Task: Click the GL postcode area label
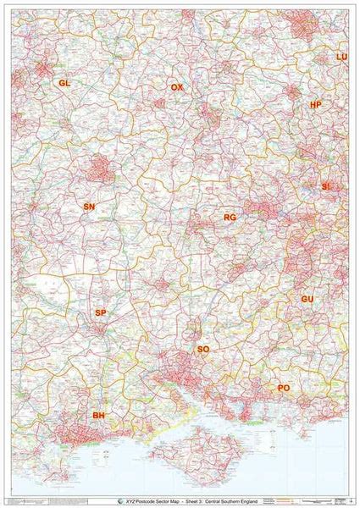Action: [x=64, y=83]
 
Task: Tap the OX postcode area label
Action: [x=176, y=87]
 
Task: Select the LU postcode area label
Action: [x=341, y=57]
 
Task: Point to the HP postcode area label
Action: [x=316, y=105]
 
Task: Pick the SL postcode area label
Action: [x=326, y=185]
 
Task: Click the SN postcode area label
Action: [x=89, y=207]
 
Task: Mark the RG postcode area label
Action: [x=229, y=218]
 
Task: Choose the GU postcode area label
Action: [x=307, y=300]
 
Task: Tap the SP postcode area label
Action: [x=101, y=313]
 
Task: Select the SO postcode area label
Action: [x=202, y=349]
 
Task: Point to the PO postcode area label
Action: [x=284, y=388]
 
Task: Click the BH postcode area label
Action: [x=99, y=416]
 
